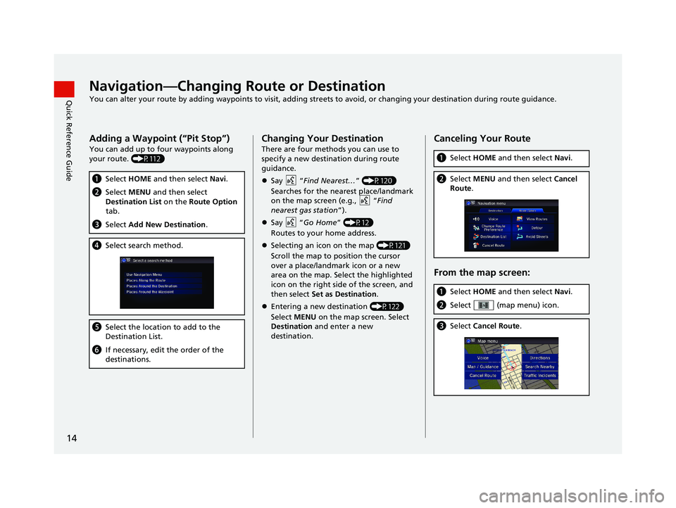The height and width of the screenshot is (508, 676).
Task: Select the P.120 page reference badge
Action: coord(380,181)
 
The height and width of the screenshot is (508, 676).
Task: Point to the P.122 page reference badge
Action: coord(387,306)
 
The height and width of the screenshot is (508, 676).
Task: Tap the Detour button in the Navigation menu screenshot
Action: coord(537,228)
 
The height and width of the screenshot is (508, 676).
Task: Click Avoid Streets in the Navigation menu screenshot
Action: coord(537,236)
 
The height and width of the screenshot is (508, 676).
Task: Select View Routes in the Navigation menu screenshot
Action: coord(537,219)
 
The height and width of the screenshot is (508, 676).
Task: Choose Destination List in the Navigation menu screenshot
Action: coord(494,236)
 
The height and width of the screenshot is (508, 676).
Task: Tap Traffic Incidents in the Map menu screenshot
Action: coord(540,375)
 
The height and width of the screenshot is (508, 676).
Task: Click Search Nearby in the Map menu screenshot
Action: coord(540,367)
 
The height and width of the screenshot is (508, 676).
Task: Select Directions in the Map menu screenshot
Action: coord(540,357)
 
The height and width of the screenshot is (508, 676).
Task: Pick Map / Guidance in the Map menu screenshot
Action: coord(483,367)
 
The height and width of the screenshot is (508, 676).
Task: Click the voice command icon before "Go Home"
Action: coord(291,223)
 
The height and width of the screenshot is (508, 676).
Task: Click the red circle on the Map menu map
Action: coord(513,365)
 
